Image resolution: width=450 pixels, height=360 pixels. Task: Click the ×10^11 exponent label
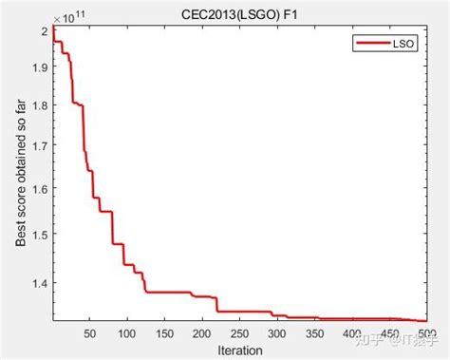[x=67, y=16]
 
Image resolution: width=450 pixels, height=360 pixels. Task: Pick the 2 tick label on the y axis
[x=45, y=31]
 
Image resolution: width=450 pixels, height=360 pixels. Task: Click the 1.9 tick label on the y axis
[x=40, y=68]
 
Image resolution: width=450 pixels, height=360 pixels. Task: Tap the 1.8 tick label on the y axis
[x=40, y=109]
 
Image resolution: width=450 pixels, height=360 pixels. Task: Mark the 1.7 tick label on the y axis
[x=40, y=150]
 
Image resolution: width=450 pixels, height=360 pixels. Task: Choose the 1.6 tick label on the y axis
[x=40, y=191]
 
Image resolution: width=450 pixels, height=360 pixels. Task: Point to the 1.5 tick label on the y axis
[x=40, y=232]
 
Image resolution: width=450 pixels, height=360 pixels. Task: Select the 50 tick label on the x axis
[x=90, y=333]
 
